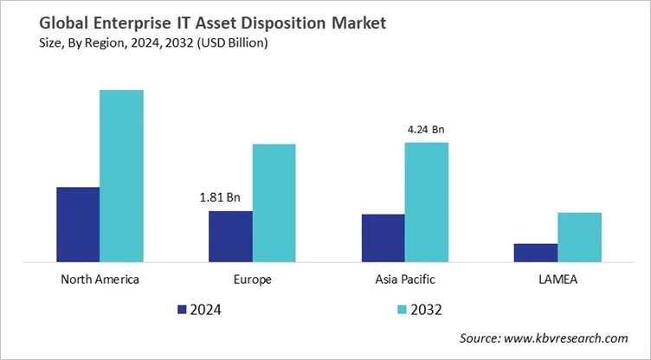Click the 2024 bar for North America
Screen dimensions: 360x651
[x=78, y=224]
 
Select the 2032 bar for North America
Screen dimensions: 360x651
[x=121, y=176]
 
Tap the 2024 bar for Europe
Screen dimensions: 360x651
[x=230, y=236]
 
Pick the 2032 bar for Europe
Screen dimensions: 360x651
[x=274, y=202]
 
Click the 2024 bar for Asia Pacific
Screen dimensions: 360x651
[x=383, y=238]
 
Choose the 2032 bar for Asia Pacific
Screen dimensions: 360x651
[x=426, y=202]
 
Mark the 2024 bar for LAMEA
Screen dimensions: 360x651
[x=535, y=253]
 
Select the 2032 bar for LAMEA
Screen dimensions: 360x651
[x=578, y=237]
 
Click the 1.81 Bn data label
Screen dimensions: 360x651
[x=220, y=197]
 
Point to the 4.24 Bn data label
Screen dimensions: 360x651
[x=425, y=130]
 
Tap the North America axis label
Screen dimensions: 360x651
[x=100, y=280]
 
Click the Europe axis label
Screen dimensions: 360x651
[x=252, y=280]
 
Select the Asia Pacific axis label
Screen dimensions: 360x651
[x=404, y=280]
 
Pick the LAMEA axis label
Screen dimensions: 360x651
[x=557, y=280]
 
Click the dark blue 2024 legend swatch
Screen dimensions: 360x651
[x=183, y=309]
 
